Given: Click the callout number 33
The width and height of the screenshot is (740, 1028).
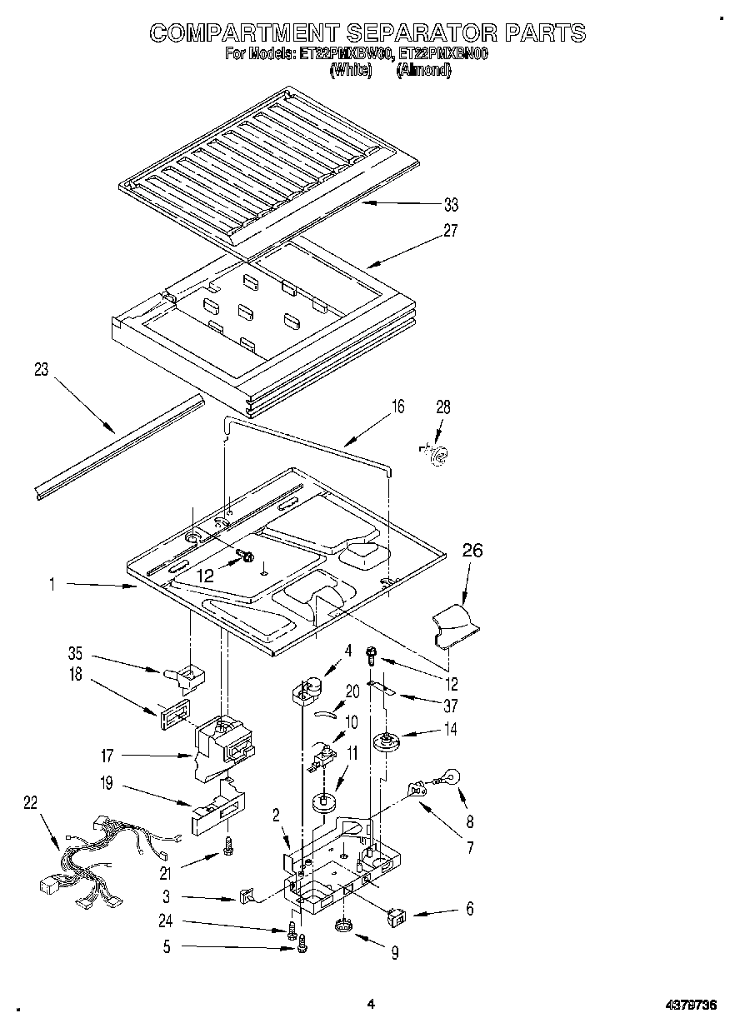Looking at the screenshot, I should [451, 205].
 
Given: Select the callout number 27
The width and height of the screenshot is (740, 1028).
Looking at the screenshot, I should [451, 231].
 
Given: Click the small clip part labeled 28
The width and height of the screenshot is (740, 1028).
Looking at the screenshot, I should [435, 452].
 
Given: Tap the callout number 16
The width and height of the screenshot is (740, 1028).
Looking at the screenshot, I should [397, 407].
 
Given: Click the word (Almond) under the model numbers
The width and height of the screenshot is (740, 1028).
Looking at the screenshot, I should [424, 71].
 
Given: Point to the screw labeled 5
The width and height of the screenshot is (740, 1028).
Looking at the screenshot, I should [302, 944].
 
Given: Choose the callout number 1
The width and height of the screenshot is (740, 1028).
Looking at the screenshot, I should [52, 586].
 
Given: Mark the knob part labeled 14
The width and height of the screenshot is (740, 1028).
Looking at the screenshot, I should [385, 740].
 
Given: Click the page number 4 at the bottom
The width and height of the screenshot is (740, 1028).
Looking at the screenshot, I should [371, 1005].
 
